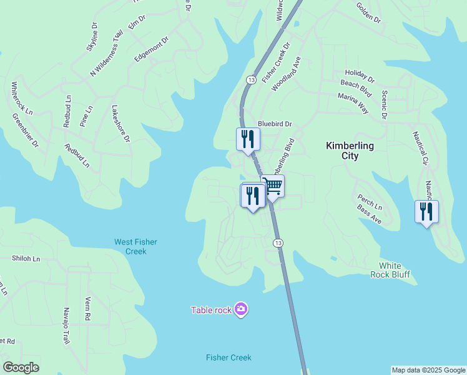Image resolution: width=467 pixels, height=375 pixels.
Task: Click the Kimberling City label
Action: pyautogui.click(x=350, y=151)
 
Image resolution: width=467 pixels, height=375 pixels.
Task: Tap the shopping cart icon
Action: pyautogui.click(x=273, y=186)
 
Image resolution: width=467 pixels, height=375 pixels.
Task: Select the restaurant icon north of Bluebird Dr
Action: pyautogui.click(x=248, y=139)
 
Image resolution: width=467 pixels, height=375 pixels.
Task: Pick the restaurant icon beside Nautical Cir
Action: pyautogui.click(x=426, y=212)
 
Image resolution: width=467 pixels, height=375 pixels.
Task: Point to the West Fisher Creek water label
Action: pyautogui.click(x=135, y=246)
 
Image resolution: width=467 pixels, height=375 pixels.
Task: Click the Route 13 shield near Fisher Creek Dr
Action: pyautogui.click(x=250, y=80)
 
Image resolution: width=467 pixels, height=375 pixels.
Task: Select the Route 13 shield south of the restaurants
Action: pyautogui.click(x=277, y=242)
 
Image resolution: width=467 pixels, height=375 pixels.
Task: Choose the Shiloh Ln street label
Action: pyautogui.click(x=26, y=258)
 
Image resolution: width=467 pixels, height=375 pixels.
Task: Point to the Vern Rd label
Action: pyautogui.click(x=88, y=309)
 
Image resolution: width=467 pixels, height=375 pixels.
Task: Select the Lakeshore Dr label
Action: pyautogui.click(x=120, y=123)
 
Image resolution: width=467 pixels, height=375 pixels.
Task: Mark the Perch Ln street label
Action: pyautogui.click(x=370, y=202)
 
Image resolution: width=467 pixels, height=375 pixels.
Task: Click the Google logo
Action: pyautogui.click(x=21, y=367)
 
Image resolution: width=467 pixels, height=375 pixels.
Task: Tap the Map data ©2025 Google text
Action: pyautogui.click(x=428, y=370)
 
